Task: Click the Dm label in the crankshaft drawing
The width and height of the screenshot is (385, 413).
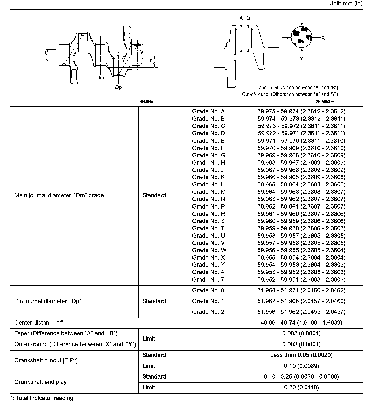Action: [100, 78]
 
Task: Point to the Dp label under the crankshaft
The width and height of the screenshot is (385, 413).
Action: [118, 87]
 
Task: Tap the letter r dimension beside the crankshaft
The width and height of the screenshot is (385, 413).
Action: [151, 61]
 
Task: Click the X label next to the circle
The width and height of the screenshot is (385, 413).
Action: [323, 38]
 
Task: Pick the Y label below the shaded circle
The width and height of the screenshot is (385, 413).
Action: [302, 59]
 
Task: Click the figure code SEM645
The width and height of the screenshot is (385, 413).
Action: [146, 102]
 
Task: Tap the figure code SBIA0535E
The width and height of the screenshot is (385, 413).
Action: [325, 102]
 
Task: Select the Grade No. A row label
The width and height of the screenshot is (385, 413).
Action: [208, 111]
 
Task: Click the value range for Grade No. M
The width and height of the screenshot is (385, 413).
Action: [301, 192]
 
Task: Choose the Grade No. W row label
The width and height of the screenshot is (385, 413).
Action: [209, 250]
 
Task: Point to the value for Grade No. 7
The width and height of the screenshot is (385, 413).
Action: [301, 280]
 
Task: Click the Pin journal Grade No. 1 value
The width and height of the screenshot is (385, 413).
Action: [301, 301]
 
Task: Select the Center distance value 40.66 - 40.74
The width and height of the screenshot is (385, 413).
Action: [301, 323]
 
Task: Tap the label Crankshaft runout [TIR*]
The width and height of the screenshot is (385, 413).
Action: [46, 360]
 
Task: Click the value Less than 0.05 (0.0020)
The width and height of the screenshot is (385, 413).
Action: [301, 355]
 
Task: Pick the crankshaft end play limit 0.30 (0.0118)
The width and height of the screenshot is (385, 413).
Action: [301, 387]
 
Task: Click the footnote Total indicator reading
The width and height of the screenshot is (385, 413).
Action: [44, 398]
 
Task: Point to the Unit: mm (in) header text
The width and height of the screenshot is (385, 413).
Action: [346, 3]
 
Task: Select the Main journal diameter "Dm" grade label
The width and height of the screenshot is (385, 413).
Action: [59, 195]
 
